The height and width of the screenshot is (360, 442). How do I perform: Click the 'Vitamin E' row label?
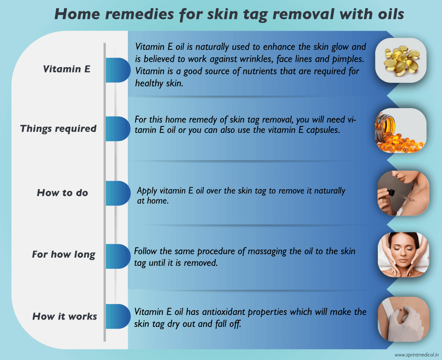coord(67,69)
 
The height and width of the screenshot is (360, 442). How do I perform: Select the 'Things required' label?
coord(58,128)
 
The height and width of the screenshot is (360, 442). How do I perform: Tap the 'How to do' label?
coord(62,193)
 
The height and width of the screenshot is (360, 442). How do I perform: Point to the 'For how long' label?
coord(63,254)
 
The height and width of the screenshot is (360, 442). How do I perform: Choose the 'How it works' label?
coord(65,316)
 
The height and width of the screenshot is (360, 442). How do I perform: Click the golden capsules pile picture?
coord(401,61)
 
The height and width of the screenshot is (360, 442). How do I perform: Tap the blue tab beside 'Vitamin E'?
coord(117,70)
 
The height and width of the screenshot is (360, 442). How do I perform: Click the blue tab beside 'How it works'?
coord(117,316)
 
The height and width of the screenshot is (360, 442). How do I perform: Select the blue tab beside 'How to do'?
coord(117,193)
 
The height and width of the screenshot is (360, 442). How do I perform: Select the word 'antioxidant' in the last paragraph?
coord(210,312)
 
